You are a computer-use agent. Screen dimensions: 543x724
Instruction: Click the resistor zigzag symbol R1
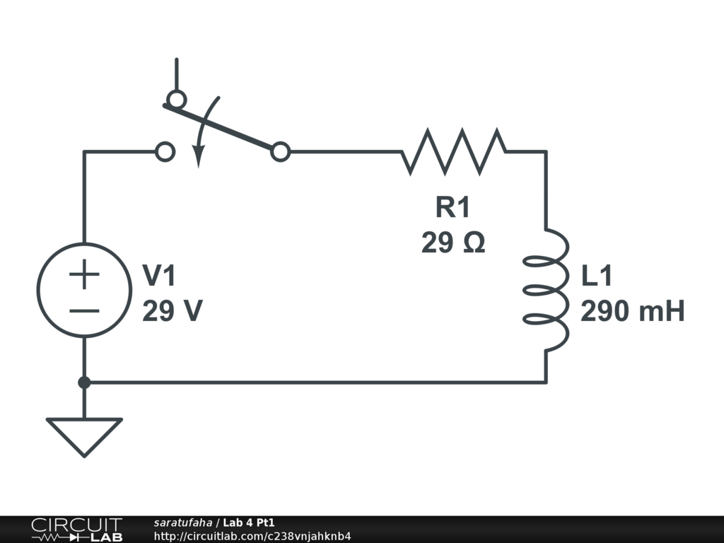pos(454,151)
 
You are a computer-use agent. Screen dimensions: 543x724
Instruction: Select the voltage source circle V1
pos(83,289)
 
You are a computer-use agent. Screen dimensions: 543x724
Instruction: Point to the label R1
pos(452,208)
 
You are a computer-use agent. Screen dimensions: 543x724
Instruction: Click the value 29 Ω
pos(453,243)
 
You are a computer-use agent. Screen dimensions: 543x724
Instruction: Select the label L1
pos(597,276)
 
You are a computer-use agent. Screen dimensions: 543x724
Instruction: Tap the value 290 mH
pos(633,311)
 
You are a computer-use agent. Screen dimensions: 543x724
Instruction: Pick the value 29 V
pos(173,311)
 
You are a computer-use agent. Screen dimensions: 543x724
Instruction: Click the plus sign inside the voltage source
pos(84,274)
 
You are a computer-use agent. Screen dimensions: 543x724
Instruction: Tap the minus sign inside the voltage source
pos(84,310)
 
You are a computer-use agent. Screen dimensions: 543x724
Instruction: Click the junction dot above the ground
pos(84,383)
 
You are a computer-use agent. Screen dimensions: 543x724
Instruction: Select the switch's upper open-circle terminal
pos(175,98)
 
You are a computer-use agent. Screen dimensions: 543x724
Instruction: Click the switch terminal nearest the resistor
pos(281,151)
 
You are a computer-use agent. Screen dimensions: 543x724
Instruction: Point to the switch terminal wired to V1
pos(165,151)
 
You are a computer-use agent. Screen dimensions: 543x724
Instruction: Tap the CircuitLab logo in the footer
pos(76,530)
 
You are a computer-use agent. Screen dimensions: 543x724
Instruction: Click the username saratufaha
pos(182,522)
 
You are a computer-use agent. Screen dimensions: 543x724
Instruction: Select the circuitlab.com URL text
pos(252,536)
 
